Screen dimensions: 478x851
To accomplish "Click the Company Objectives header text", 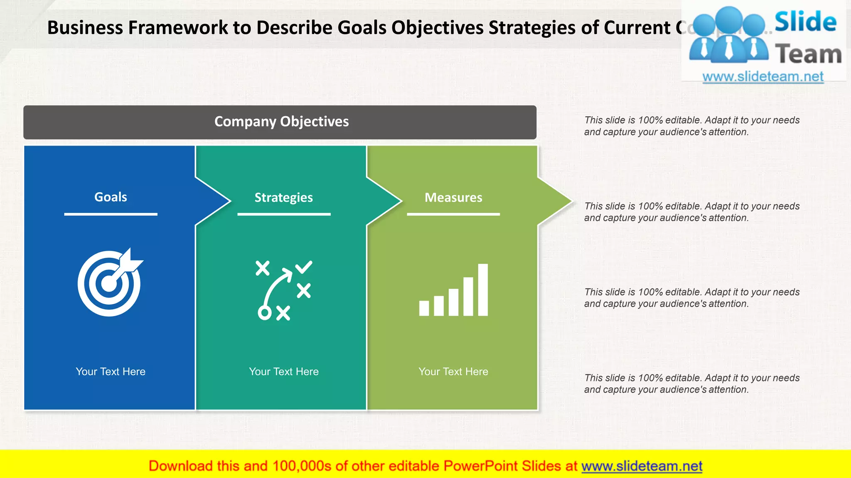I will point(281,122).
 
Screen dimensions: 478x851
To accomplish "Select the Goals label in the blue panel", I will point(111,197).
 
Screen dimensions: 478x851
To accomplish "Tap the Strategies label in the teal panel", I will point(283,198).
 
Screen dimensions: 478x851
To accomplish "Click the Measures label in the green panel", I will point(453,198).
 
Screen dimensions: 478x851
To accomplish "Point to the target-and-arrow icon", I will point(110,283).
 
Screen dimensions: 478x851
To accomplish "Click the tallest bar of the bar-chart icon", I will point(483,290).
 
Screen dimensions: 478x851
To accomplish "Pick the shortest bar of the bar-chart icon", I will point(424,308).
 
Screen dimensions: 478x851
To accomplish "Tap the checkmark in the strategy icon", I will point(304,267).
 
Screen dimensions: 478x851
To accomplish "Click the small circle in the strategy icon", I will point(264,313).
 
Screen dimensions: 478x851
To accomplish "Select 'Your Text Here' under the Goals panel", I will point(111,371).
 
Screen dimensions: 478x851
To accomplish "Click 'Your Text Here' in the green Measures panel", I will point(453,371).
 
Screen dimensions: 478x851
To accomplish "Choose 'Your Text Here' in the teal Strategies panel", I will point(283,371).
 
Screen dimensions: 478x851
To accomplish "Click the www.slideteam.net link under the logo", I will point(763,76).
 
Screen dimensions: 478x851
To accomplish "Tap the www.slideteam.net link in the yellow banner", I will point(642,466).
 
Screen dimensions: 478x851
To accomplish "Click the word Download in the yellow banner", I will point(180,466).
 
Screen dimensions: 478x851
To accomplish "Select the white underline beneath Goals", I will point(111,214).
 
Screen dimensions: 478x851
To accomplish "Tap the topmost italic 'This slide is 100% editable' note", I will point(691,126).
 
